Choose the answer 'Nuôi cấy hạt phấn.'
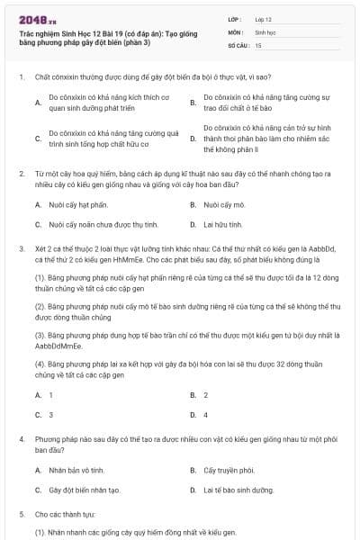(x=73, y=204)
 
